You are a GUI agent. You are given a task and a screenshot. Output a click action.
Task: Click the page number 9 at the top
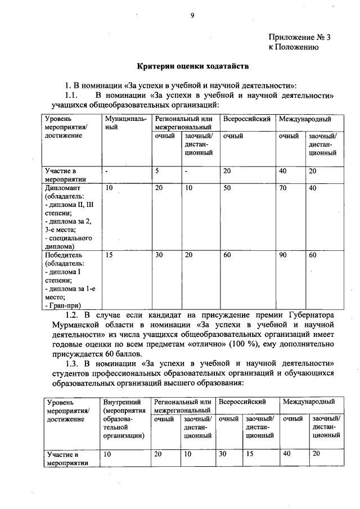(x=192, y=15)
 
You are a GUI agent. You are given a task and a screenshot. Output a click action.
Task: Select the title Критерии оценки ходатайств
(x=193, y=66)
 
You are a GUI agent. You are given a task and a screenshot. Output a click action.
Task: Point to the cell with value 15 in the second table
(x=249, y=453)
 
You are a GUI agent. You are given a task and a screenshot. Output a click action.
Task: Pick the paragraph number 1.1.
(x=74, y=94)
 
